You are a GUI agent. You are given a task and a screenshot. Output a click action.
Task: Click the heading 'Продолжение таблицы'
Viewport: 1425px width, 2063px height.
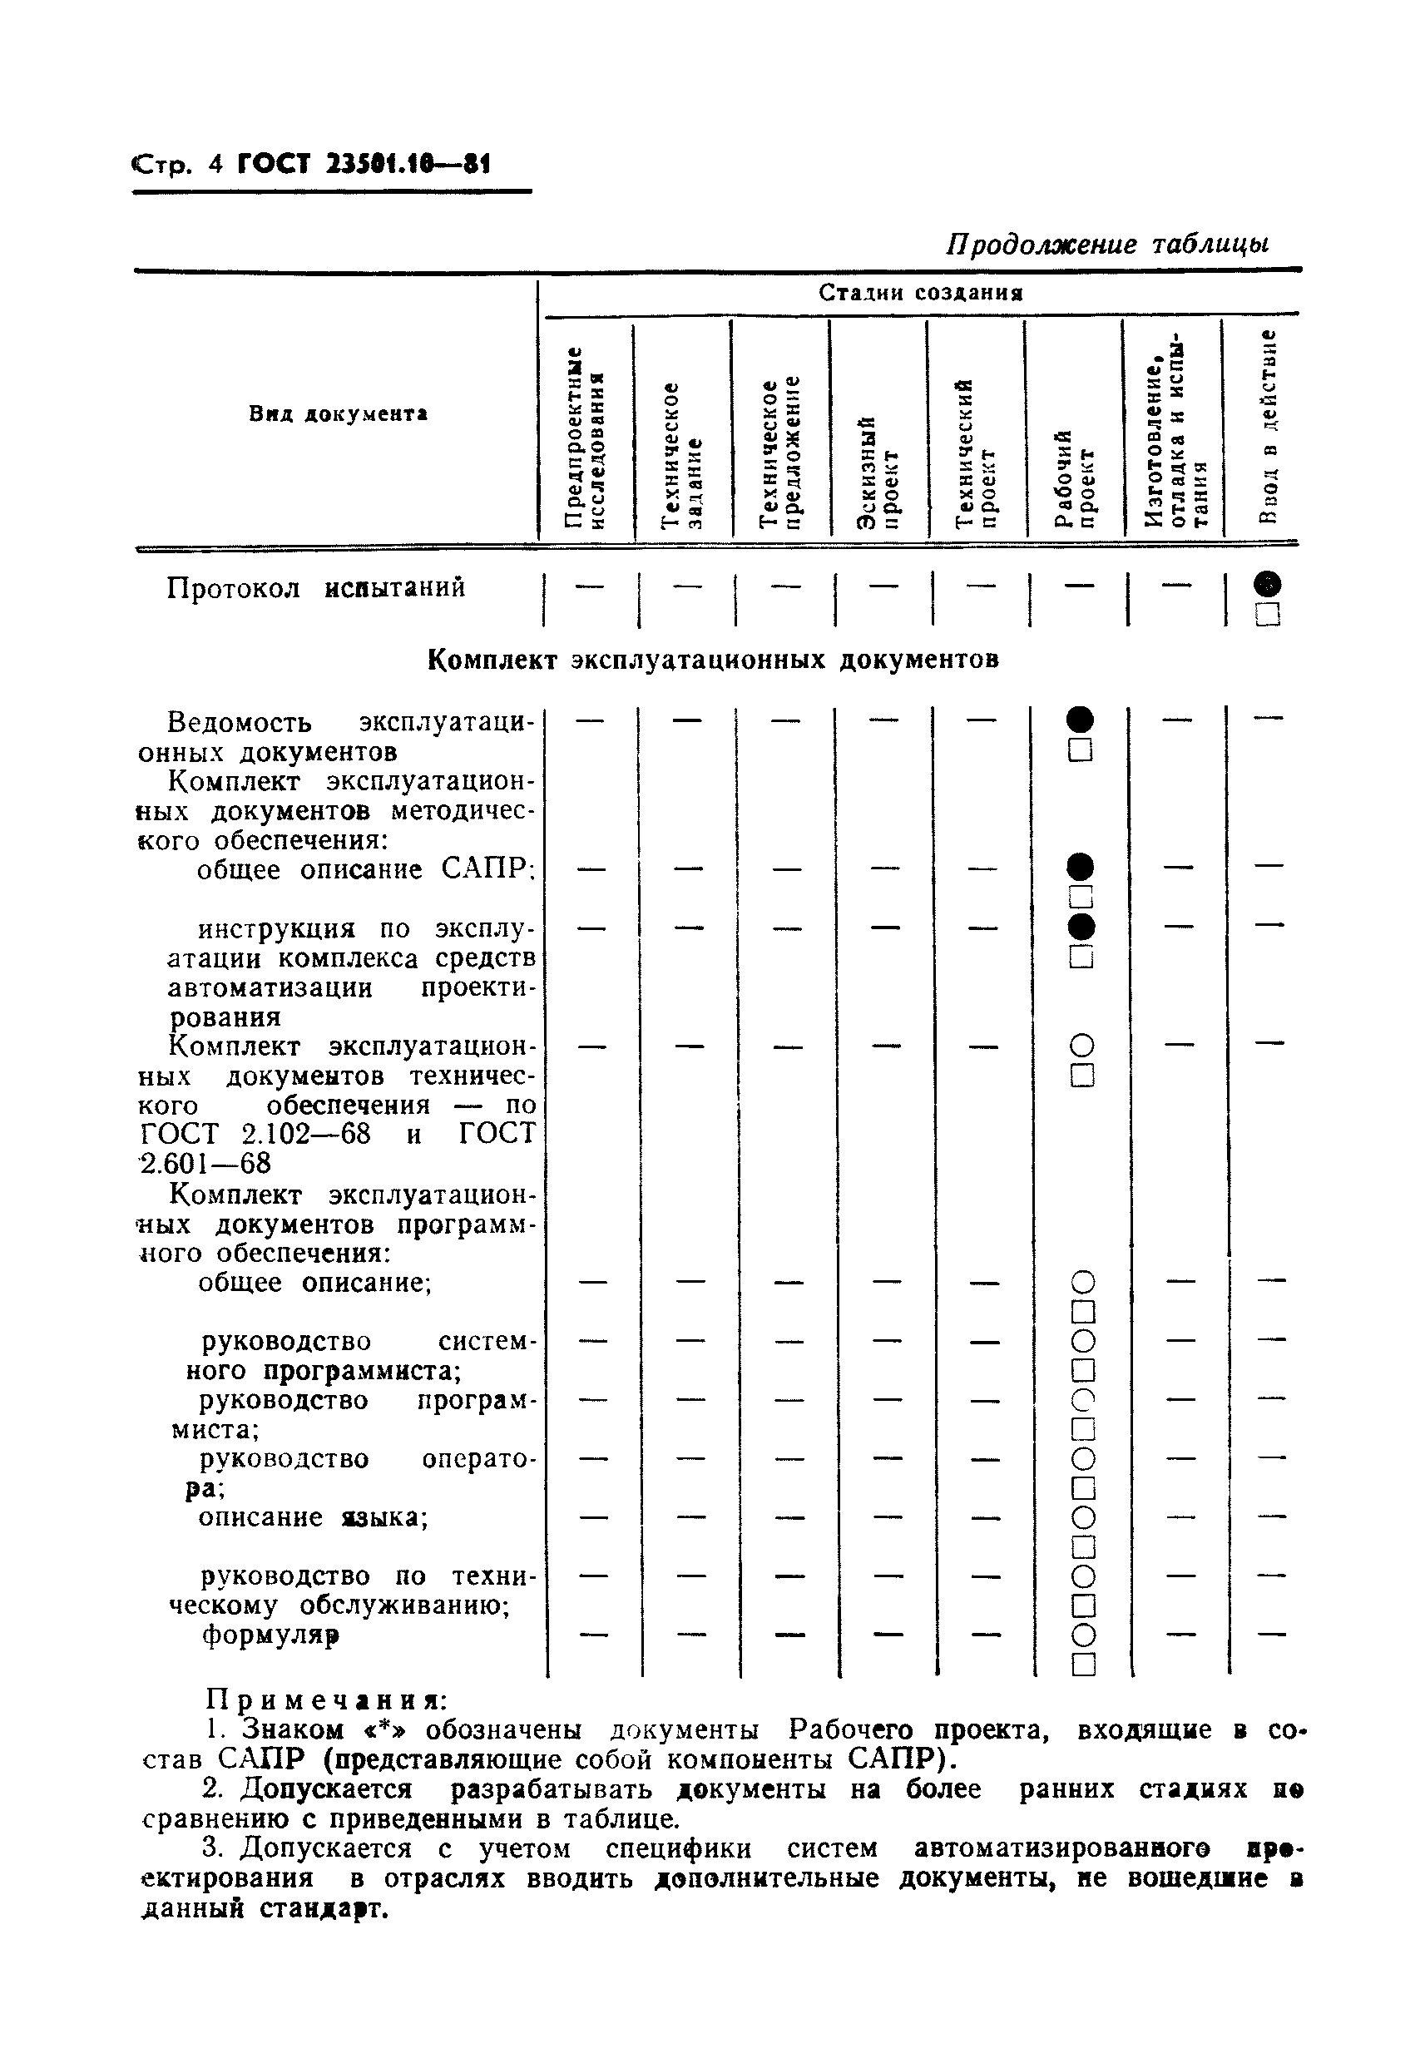coord(1107,244)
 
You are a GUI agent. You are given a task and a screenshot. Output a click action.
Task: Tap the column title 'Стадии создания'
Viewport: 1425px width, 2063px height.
coord(921,293)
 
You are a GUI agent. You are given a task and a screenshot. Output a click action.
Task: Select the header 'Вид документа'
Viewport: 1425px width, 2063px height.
coord(338,414)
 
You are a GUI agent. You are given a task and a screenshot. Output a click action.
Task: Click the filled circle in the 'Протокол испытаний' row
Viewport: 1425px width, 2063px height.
coord(1267,585)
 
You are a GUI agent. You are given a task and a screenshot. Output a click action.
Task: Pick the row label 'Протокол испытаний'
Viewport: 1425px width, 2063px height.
coord(316,588)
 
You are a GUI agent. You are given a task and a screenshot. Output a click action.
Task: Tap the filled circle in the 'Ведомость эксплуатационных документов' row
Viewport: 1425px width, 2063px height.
coord(1080,720)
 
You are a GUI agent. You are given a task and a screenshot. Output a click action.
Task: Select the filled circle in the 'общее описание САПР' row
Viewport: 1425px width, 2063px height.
coord(1080,866)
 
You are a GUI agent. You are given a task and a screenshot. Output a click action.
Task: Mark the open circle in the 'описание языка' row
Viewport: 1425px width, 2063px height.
coord(1082,1517)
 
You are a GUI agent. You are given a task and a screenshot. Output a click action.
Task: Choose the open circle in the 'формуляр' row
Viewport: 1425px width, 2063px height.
coord(1082,1635)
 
